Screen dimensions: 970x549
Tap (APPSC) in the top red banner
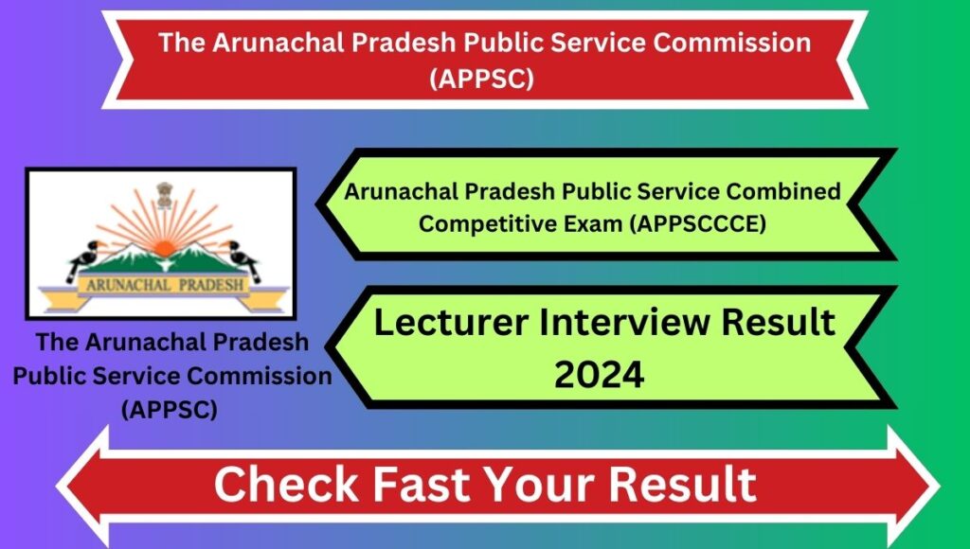pyautogui.click(x=481, y=79)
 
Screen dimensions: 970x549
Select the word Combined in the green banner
pyautogui.click(x=783, y=191)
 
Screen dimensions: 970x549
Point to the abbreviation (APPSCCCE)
pyautogui.click(x=697, y=223)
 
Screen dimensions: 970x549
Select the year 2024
pyautogui.click(x=599, y=375)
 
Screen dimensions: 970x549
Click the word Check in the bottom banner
pyautogui.click(x=286, y=484)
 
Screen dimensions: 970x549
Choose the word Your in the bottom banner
pyautogui.click(x=541, y=484)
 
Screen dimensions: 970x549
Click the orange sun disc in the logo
pyautogui.click(x=164, y=249)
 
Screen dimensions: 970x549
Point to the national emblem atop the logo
pyautogui.click(x=164, y=195)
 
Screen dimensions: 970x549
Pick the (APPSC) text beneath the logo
pyautogui.click(x=169, y=409)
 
